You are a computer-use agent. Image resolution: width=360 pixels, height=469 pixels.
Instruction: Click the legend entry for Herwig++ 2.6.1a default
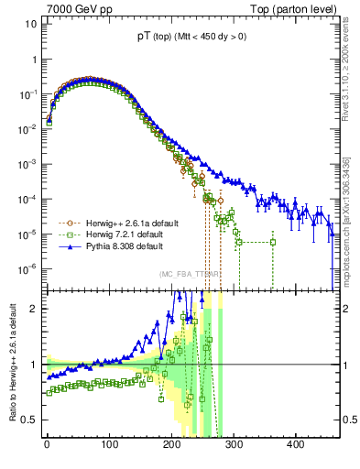click(x=139, y=223)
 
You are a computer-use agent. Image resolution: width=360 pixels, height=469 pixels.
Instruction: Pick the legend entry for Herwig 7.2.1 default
click(x=134, y=234)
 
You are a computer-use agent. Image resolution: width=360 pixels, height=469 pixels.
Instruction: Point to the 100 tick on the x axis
click(x=109, y=446)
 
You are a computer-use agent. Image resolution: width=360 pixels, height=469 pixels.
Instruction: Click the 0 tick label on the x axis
click(x=47, y=446)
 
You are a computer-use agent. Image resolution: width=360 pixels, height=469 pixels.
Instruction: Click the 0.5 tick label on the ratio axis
click(x=28, y=420)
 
